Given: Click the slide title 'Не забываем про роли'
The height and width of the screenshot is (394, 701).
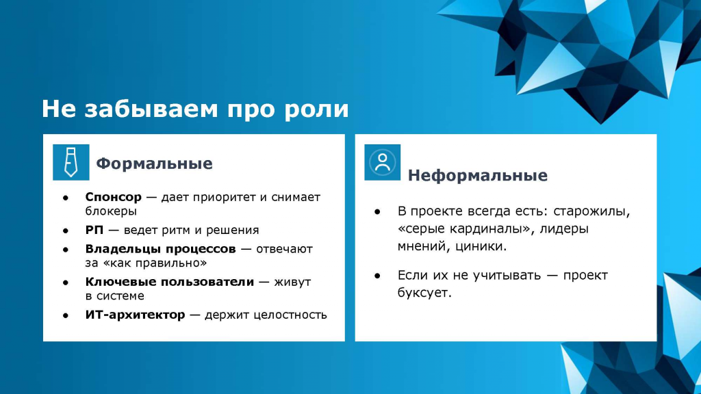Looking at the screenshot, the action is (195, 109).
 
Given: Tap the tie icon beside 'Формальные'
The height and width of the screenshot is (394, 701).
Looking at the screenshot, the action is (71, 162).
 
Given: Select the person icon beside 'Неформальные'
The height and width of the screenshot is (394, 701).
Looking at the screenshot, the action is (382, 162).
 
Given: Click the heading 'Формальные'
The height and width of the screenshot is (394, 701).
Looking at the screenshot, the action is (154, 163).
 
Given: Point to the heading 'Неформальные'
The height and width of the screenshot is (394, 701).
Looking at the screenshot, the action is (477, 176).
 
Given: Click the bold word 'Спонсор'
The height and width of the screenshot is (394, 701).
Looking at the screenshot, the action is (113, 197).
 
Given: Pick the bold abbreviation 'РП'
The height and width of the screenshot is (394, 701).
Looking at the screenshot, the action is (94, 230).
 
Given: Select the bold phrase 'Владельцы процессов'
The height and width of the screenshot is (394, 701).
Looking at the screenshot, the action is (160, 249).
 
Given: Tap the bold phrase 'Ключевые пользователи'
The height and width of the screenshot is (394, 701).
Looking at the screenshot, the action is (170, 282).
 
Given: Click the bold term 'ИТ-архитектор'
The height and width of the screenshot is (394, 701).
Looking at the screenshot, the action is (135, 315).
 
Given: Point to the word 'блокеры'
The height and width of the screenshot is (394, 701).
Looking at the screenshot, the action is (111, 211).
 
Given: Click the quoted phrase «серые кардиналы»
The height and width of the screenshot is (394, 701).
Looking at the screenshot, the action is (465, 228).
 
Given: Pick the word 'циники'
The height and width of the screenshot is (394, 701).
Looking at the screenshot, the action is (481, 246).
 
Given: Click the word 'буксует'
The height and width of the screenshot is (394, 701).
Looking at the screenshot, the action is (424, 293).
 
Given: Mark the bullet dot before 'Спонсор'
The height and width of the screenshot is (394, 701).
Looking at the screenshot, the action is (66, 198).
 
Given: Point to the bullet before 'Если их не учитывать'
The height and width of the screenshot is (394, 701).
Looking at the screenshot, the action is (377, 276).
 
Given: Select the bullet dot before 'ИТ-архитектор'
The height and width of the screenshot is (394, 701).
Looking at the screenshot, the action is (66, 315).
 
